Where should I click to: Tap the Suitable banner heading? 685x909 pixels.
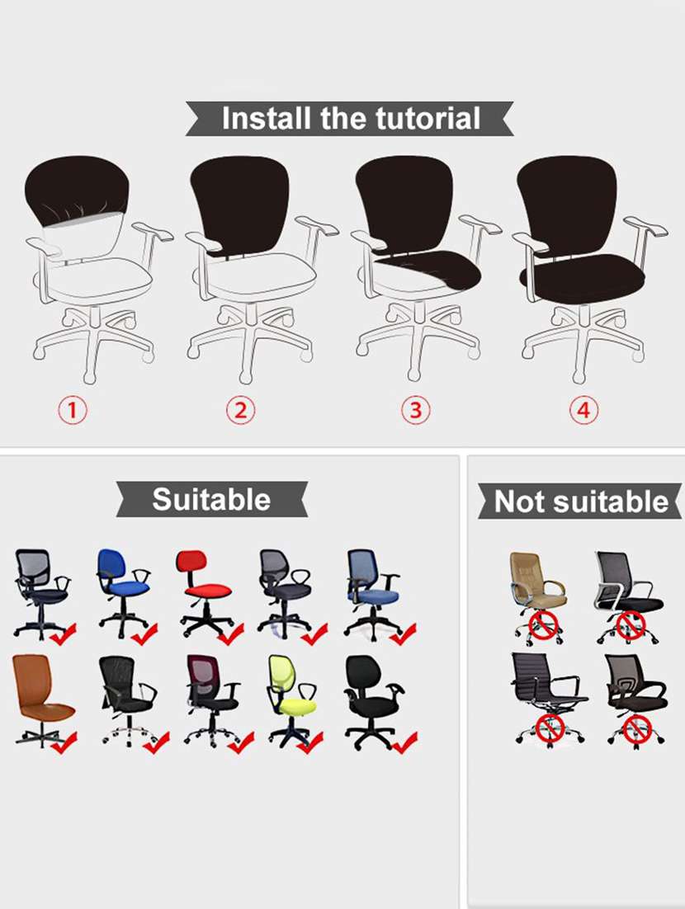point(211,499)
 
